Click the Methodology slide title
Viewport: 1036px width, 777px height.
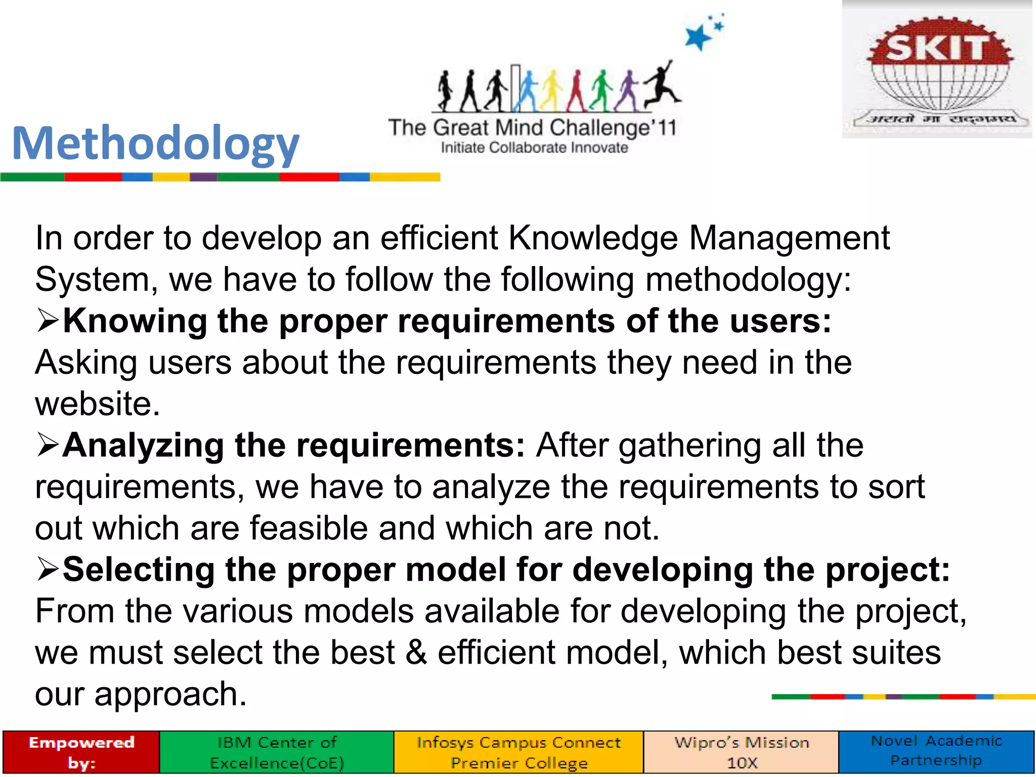(155, 144)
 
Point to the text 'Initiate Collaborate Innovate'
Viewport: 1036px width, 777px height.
(534, 148)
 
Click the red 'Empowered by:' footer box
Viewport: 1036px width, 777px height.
(81, 752)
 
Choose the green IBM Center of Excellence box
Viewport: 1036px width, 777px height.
(277, 752)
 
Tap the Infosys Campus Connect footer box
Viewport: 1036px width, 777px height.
(519, 752)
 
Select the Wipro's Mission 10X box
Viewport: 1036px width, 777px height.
(741, 752)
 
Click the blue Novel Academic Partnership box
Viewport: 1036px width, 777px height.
(936, 751)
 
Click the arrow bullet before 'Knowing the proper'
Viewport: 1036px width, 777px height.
(48, 321)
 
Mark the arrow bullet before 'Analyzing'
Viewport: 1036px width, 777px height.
(48, 446)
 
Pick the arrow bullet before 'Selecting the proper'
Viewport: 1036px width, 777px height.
(48, 570)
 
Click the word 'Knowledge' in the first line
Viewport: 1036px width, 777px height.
(592, 238)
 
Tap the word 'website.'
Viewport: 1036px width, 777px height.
(97, 404)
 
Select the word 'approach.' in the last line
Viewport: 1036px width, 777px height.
(170, 695)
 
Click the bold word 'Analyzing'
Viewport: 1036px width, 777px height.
(143, 446)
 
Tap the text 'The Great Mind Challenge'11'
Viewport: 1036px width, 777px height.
(532, 127)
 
